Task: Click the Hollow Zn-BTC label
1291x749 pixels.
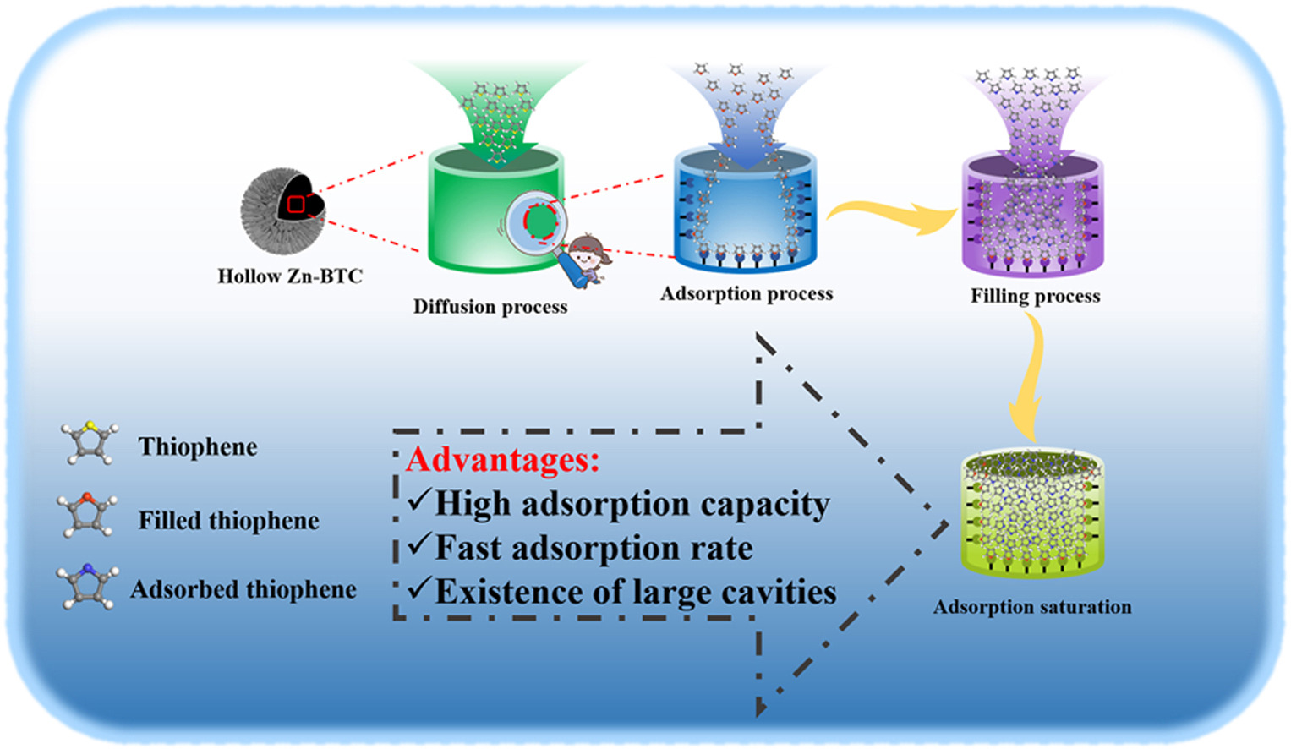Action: [290, 276]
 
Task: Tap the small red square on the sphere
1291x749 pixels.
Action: [296, 205]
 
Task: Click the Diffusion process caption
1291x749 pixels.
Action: [490, 307]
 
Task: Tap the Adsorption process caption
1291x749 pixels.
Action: [747, 294]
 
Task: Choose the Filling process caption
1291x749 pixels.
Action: [1036, 296]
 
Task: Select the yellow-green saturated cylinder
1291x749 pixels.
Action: [1032, 514]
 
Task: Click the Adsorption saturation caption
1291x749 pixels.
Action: [1033, 607]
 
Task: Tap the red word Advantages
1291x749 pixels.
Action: [502, 461]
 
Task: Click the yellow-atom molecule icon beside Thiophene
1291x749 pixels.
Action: [90, 442]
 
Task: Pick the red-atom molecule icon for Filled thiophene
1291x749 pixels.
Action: [87, 515]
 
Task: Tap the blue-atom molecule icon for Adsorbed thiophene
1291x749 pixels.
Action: [88, 586]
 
